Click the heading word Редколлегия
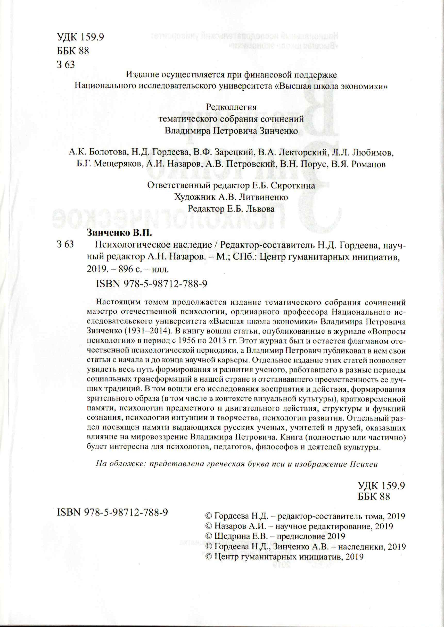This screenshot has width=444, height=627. (x=231, y=107)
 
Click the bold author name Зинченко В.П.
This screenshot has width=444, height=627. (x=119, y=233)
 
